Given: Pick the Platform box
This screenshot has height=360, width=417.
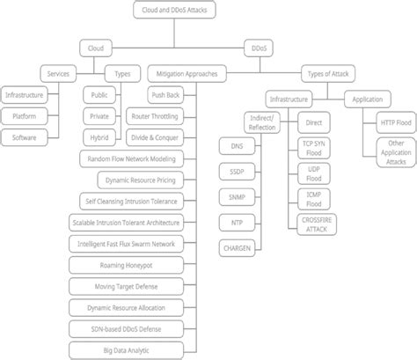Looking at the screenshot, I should (26, 115).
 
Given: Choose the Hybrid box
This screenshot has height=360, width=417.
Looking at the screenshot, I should (99, 137).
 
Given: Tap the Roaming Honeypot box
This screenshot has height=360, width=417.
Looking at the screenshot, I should (129, 263).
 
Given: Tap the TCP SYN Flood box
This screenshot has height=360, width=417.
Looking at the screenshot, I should (315, 148).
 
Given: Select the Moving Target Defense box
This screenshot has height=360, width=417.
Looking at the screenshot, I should (129, 285).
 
